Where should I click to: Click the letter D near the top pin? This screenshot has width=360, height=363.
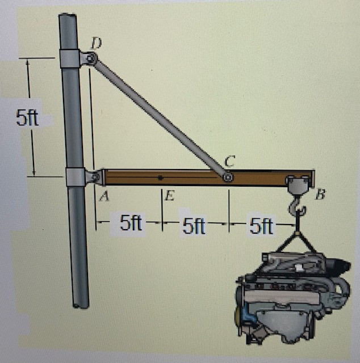(98, 43)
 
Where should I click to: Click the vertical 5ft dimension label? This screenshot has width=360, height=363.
(27, 119)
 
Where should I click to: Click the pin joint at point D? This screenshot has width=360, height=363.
(89, 58)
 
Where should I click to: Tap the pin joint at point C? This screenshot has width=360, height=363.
(227, 177)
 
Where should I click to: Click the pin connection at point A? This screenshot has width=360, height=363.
(93, 178)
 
